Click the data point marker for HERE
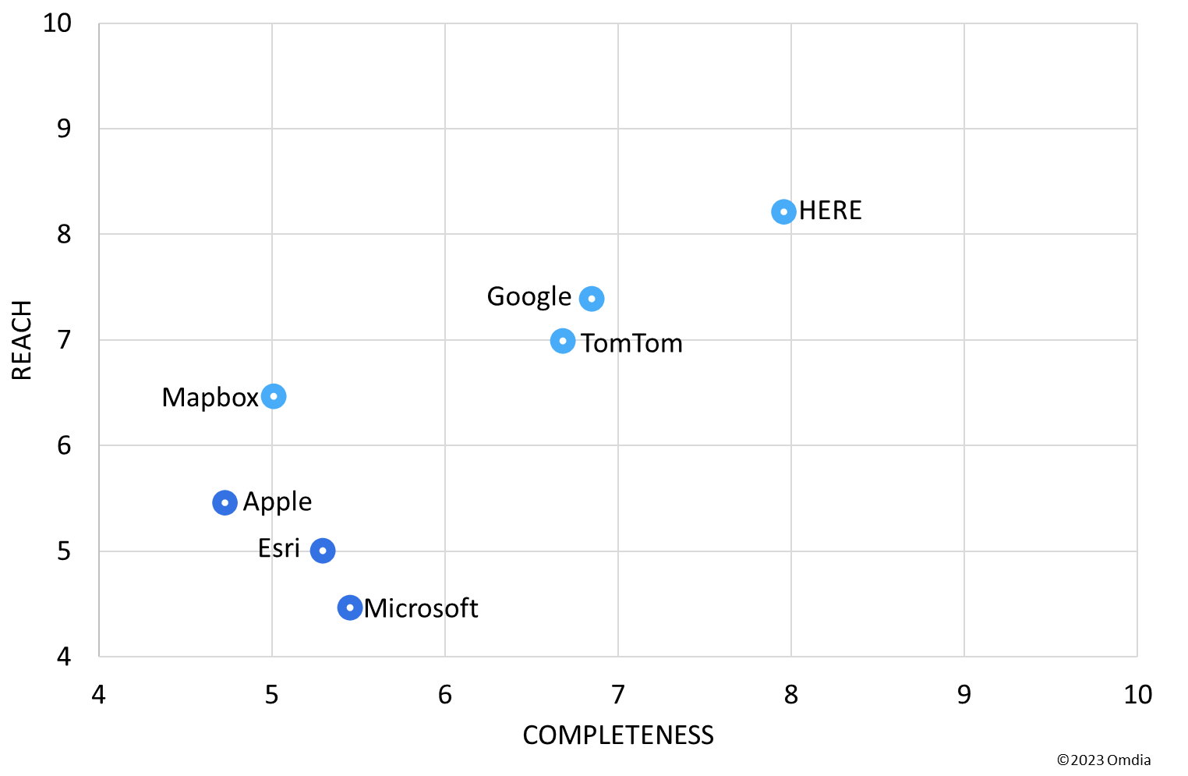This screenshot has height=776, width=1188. [x=783, y=211]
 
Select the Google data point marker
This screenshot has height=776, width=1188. [x=592, y=299]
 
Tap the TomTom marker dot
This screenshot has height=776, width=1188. [x=563, y=341]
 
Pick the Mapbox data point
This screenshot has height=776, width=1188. [x=274, y=396]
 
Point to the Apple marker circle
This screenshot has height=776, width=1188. [x=225, y=502]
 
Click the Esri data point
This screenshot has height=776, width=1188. [x=323, y=551]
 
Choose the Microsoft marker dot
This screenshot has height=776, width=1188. [x=350, y=608]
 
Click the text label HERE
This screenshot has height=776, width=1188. [x=830, y=211]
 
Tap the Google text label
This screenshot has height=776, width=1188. [x=529, y=297]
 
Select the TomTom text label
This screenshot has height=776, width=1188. [x=631, y=343]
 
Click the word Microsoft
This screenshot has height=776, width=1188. [x=421, y=608]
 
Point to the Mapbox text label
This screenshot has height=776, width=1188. [x=210, y=398]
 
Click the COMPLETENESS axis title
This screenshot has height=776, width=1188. [x=618, y=735]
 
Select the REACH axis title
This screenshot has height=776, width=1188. [x=22, y=340]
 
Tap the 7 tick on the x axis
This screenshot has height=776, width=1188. [x=618, y=694]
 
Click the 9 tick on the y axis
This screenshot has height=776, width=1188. [x=64, y=128]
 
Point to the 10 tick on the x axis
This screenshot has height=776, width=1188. [x=1137, y=694]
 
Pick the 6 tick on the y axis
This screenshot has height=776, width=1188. [x=64, y=445]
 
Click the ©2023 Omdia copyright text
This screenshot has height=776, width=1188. [x=1104, y=760]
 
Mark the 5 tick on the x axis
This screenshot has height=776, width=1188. [x=271, y=694]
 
